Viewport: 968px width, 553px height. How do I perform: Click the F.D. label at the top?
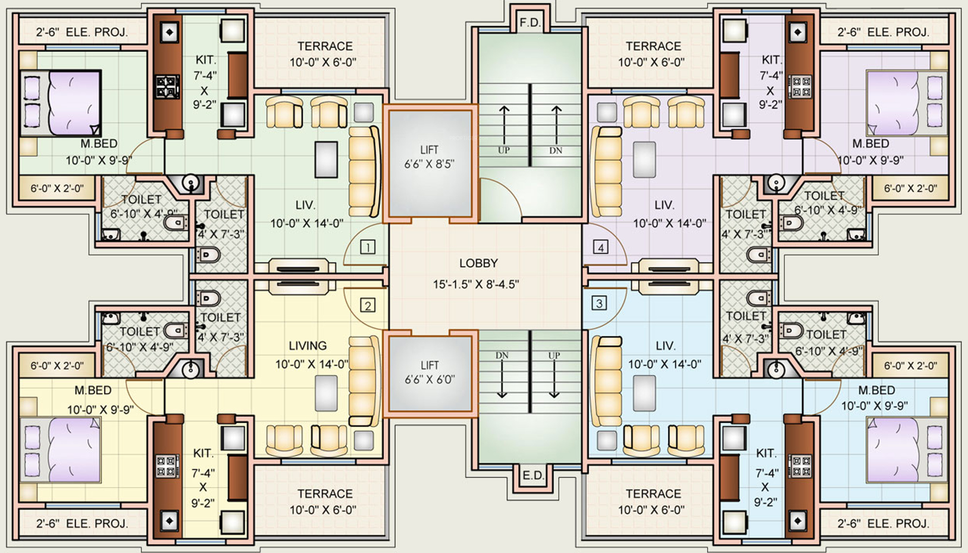coord(530,23)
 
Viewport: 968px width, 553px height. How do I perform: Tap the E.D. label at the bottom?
coord(533,476)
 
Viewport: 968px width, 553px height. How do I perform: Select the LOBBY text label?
coord(478,263)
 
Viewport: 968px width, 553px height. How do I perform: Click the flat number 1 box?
coord(368,247)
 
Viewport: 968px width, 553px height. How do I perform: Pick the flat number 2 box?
coord(368,305)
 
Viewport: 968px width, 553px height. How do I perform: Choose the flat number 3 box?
coord(599,303)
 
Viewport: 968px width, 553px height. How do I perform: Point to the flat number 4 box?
coord(600,247)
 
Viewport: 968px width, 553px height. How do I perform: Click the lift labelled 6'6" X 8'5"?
coord(429,164)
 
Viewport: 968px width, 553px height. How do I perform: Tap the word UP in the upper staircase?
coord(503,150)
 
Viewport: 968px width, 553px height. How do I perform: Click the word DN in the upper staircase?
coord(556,150)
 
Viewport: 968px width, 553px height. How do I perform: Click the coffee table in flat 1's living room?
coord(326,159)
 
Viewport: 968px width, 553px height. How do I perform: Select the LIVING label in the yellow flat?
coord(307,346)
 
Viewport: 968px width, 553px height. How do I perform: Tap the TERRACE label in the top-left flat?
coord(325,46)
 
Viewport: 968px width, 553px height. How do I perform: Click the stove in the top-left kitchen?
coord(168,86)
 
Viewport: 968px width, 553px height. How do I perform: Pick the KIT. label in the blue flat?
coord(766,453)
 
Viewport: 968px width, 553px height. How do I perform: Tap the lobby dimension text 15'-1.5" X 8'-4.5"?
coord(476,284)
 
